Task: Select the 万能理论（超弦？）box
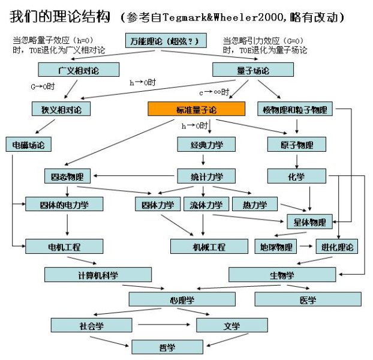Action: point(164,41)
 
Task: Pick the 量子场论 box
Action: point(252,70)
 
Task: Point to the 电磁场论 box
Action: point(28,145)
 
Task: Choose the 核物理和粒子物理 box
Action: point(294,109)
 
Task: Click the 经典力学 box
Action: point(206,145)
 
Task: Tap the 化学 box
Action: point(296,176)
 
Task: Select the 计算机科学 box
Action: point(89,275)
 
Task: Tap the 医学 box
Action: point(308,299)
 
